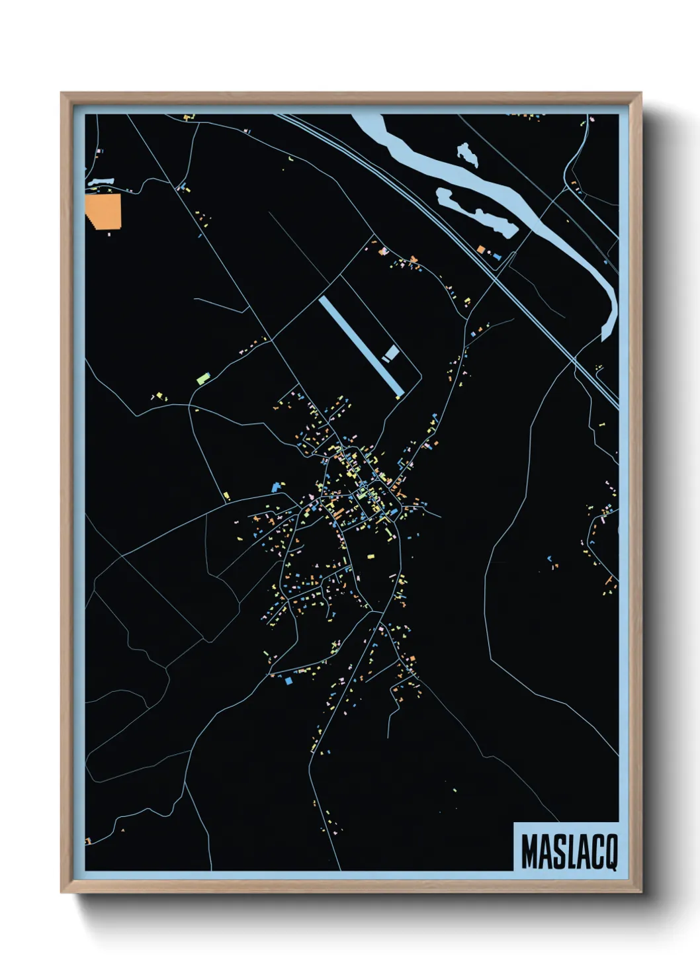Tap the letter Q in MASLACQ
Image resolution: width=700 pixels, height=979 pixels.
609,852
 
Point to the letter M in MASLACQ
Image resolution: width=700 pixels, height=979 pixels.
529,852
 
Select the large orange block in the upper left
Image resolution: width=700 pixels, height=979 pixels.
103,210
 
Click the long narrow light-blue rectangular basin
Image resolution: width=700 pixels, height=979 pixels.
361,345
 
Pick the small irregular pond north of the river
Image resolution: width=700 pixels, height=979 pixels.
468,154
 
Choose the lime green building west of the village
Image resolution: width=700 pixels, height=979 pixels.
202,379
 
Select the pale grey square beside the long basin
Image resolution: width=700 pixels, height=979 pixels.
392,351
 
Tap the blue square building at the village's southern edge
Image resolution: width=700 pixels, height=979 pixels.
288,680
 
